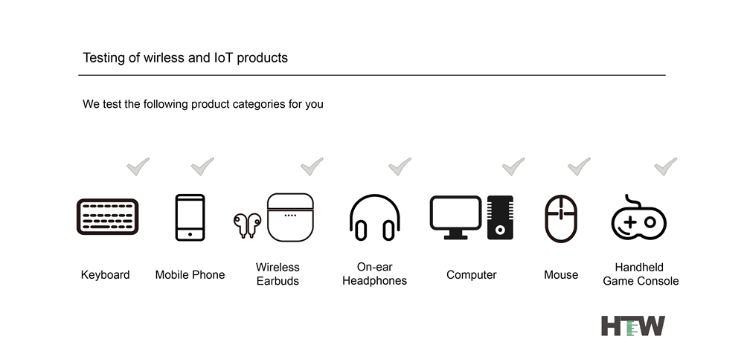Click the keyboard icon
108,216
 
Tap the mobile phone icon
190,218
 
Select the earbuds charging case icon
290,218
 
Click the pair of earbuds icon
247,225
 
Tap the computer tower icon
500,218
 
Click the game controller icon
638,218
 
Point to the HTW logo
633,326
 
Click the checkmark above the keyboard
138,167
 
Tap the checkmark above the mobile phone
202,167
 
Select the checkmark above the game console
666,167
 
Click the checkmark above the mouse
580,167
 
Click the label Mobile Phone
190,275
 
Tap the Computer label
471,275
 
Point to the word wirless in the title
164,58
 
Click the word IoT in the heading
223,58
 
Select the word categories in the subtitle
259,104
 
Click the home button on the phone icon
190,234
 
